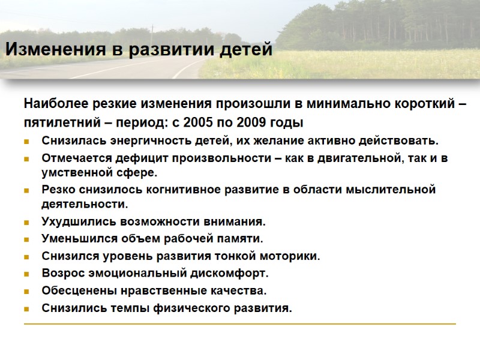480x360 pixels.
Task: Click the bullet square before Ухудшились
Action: click(27, 222)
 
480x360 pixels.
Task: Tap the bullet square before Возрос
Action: click(27, 274)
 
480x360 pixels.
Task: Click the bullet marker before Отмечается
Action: click(27, 159)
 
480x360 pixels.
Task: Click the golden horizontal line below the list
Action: click(240, 324)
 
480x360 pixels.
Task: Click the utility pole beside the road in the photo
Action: click(152, 33)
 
